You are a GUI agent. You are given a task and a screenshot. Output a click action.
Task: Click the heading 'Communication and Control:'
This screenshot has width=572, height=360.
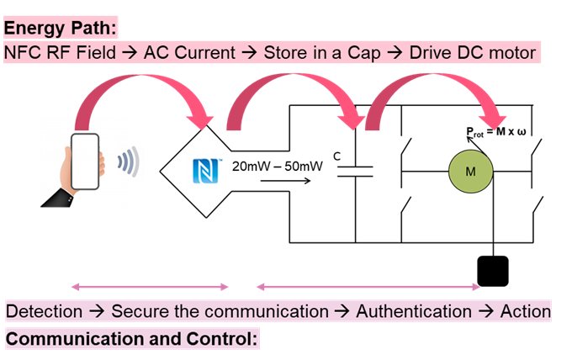(x=133, y=339)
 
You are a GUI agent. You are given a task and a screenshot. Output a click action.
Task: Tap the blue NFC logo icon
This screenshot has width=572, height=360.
(x=204, y=170)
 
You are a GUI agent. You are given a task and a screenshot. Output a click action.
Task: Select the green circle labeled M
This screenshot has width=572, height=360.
(x=470, y=172)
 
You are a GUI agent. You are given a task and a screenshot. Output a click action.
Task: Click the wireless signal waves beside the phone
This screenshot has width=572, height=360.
(x=128, y=162)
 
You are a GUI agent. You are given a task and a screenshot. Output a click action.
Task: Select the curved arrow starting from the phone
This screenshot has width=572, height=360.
(x=143, y=88)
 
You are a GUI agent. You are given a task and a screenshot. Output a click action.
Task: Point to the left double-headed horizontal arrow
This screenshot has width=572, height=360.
(x=149, y=288)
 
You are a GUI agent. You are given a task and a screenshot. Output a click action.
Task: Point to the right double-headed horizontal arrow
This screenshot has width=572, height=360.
(x=368, y=288)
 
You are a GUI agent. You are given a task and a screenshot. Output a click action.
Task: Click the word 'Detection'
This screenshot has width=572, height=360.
(x=44, y=311)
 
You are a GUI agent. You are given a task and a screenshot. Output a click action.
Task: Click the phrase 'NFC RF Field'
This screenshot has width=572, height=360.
(x=56, y=52)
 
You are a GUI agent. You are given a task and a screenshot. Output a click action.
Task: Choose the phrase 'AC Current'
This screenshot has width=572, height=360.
(x=191, y=52)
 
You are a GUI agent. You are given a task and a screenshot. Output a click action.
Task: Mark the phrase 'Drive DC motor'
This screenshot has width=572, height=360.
(x=472, y=52)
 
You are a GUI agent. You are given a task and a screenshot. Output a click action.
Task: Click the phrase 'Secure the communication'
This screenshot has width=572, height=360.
(x=220, y=311)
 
